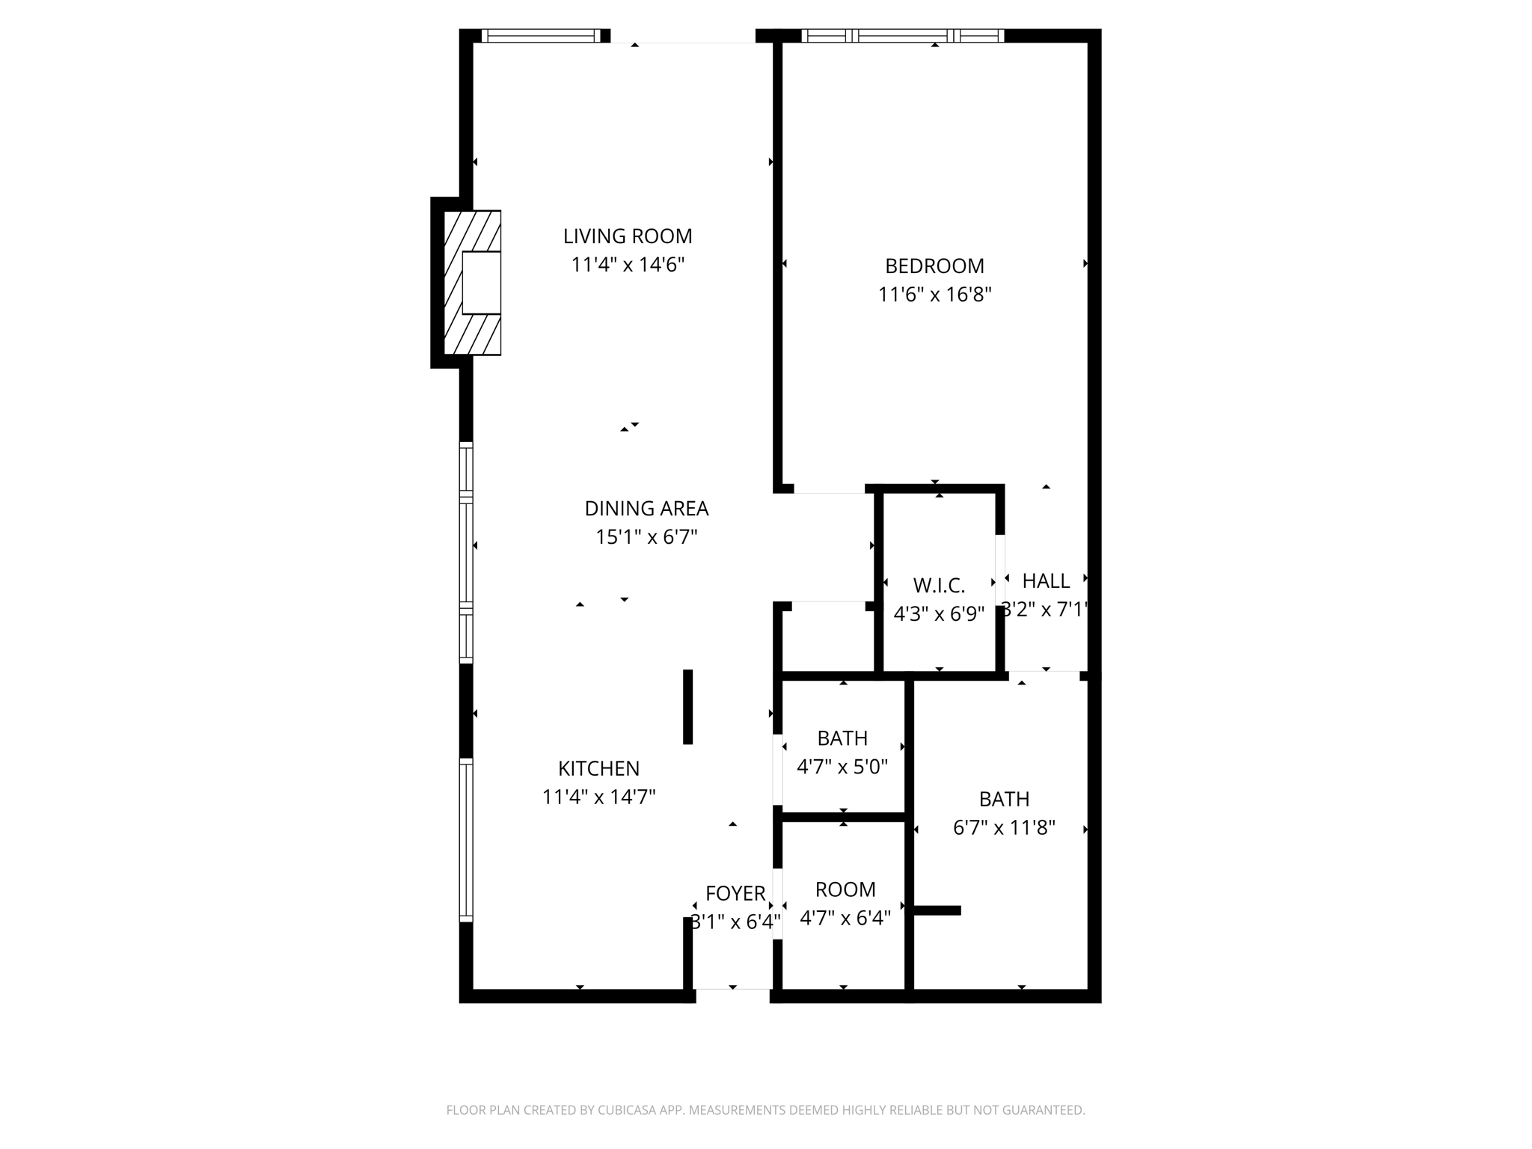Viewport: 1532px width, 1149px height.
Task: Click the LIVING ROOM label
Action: coord(628,236)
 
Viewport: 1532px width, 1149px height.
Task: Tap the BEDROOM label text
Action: coord(934,266)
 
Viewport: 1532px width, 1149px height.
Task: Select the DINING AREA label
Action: coord(646,509)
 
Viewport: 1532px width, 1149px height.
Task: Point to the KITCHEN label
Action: coord(598,769)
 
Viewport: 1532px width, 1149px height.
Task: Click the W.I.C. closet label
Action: coord(939,586)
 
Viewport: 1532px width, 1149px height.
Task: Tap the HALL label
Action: coord(1046,581)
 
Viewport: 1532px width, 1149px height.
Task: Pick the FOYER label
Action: coord(735,894)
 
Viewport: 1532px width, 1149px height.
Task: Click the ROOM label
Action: coord(845,890)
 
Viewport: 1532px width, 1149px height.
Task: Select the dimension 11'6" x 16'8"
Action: coord(934,295)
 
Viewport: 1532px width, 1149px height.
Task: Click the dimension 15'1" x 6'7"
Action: coord(646,537)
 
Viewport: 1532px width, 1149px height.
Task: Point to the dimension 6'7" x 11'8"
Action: coord(1004,828)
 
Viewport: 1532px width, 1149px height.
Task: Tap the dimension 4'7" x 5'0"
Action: coord(842,767)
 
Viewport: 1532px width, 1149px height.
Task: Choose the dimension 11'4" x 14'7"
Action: coord(598,797)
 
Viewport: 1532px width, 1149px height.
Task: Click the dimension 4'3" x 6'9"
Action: coord(939,614)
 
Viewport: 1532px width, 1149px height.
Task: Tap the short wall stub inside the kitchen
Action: coord(687,707)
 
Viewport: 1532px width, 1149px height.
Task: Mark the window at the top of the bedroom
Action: coord(902,35)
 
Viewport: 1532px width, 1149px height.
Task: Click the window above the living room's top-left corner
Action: coord(541,35)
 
